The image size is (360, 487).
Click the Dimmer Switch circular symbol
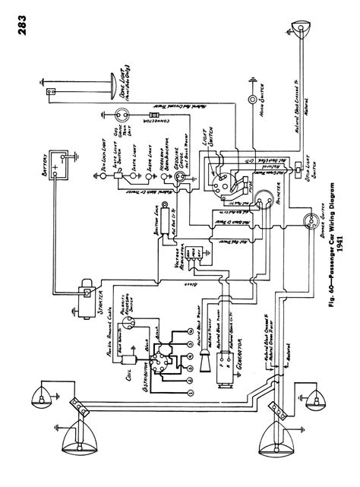point(309,221)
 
